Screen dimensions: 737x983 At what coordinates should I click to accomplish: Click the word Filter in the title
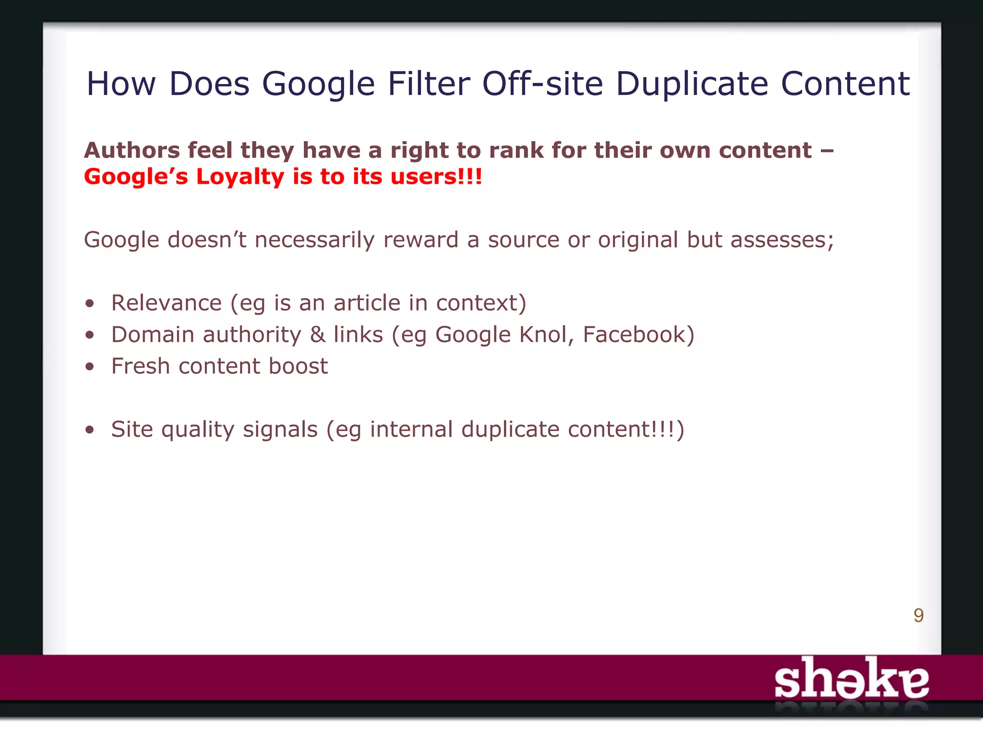click(428, 83)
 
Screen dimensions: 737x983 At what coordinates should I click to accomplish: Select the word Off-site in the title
click(542, 83)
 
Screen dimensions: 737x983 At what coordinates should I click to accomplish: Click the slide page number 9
click(918, 615)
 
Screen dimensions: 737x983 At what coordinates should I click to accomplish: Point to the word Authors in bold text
click(132, 151)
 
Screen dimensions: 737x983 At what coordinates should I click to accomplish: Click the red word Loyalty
click(240, 177)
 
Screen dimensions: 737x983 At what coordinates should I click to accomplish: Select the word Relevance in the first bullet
click(167, 303)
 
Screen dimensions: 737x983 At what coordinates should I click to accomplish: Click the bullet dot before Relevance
click(90, 304)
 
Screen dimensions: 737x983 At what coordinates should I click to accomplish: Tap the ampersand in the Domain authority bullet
click(318, 334)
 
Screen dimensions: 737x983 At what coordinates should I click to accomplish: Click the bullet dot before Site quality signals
click(90, 430)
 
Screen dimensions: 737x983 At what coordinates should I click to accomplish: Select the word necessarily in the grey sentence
click(314, 240)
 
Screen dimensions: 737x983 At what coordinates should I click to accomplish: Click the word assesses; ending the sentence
click(782, 240)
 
